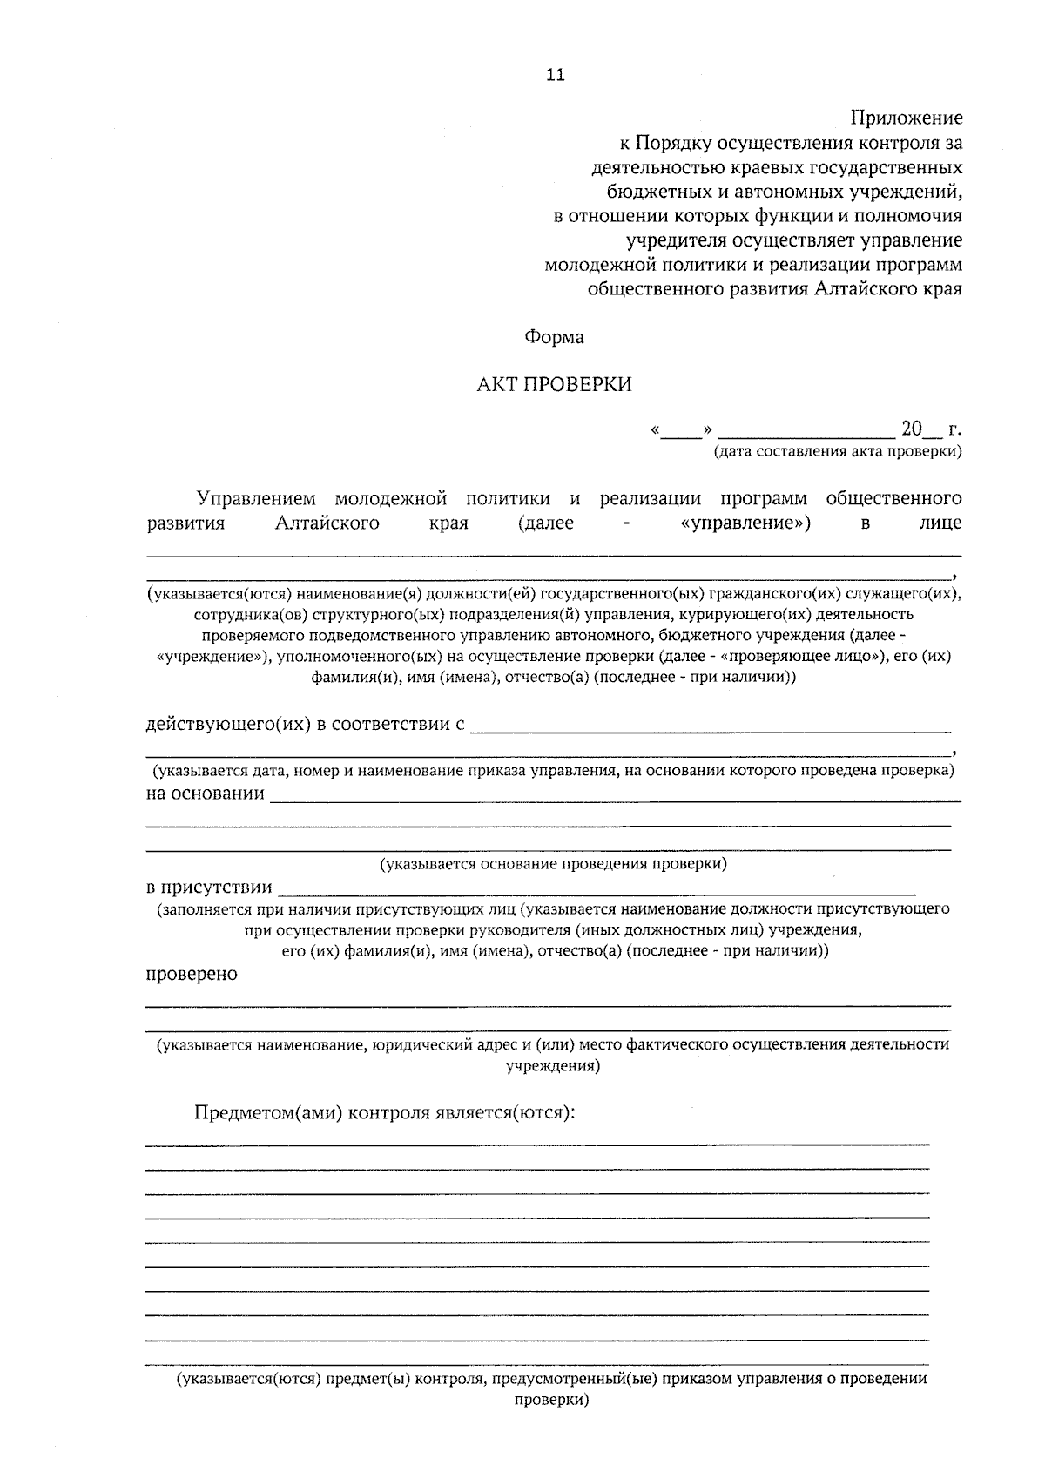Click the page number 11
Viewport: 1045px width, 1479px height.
coord(556,75)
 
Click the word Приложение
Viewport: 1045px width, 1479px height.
coord(907,118)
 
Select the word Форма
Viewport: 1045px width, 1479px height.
coord(554,337)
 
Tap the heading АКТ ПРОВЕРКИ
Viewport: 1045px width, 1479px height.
coord(554,384)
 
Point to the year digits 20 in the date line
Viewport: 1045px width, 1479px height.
coord(911,429)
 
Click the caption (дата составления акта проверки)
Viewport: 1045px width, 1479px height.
coord(838,451)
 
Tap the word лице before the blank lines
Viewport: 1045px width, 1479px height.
coord(940,523)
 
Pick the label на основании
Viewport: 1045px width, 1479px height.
coord(205,794)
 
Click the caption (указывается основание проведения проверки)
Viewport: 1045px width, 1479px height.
coord(553,864)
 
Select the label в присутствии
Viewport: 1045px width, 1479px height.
coord(209,888)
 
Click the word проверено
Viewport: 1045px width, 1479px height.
coord(191,974)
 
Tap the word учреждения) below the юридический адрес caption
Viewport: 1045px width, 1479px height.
coord(553,1065)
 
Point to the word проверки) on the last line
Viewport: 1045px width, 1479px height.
coord(551,1401)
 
